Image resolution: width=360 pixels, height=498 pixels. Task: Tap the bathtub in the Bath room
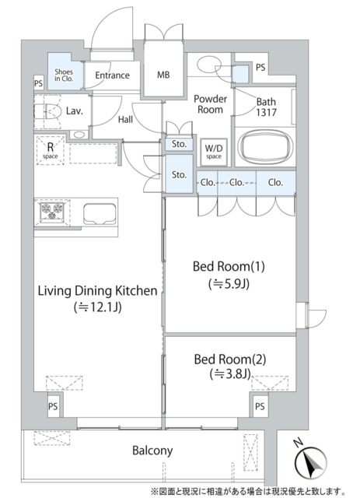point(265,147)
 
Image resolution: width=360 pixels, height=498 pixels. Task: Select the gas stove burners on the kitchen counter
point(52,212)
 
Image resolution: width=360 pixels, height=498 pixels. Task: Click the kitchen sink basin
point(100,214)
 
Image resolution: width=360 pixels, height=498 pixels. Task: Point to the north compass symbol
point(310,460)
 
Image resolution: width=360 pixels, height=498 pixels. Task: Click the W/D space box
point(214,153)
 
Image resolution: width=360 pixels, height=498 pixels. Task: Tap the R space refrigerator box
point(51,150)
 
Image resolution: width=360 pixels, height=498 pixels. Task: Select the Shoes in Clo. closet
point(65,71)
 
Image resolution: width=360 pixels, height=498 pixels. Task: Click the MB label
point(163,75)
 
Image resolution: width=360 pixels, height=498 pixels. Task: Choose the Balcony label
point(152,451)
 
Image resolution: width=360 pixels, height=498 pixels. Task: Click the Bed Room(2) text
point(230,359)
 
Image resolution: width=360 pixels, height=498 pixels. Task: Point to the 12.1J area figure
point(98,307)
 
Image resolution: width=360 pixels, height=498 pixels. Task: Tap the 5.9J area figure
point(229,283)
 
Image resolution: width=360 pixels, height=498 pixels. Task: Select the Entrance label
point(113,75)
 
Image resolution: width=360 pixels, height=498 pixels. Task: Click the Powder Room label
point(210,104)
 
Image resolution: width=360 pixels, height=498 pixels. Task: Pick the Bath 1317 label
point(267,107)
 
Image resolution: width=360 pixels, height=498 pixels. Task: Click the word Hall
point(125,120)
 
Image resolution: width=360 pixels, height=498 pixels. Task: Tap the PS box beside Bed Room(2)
point(260,406)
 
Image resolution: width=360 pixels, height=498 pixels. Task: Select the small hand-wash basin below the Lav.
point(79,135)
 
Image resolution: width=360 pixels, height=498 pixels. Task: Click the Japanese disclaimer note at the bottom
point(247,492)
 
